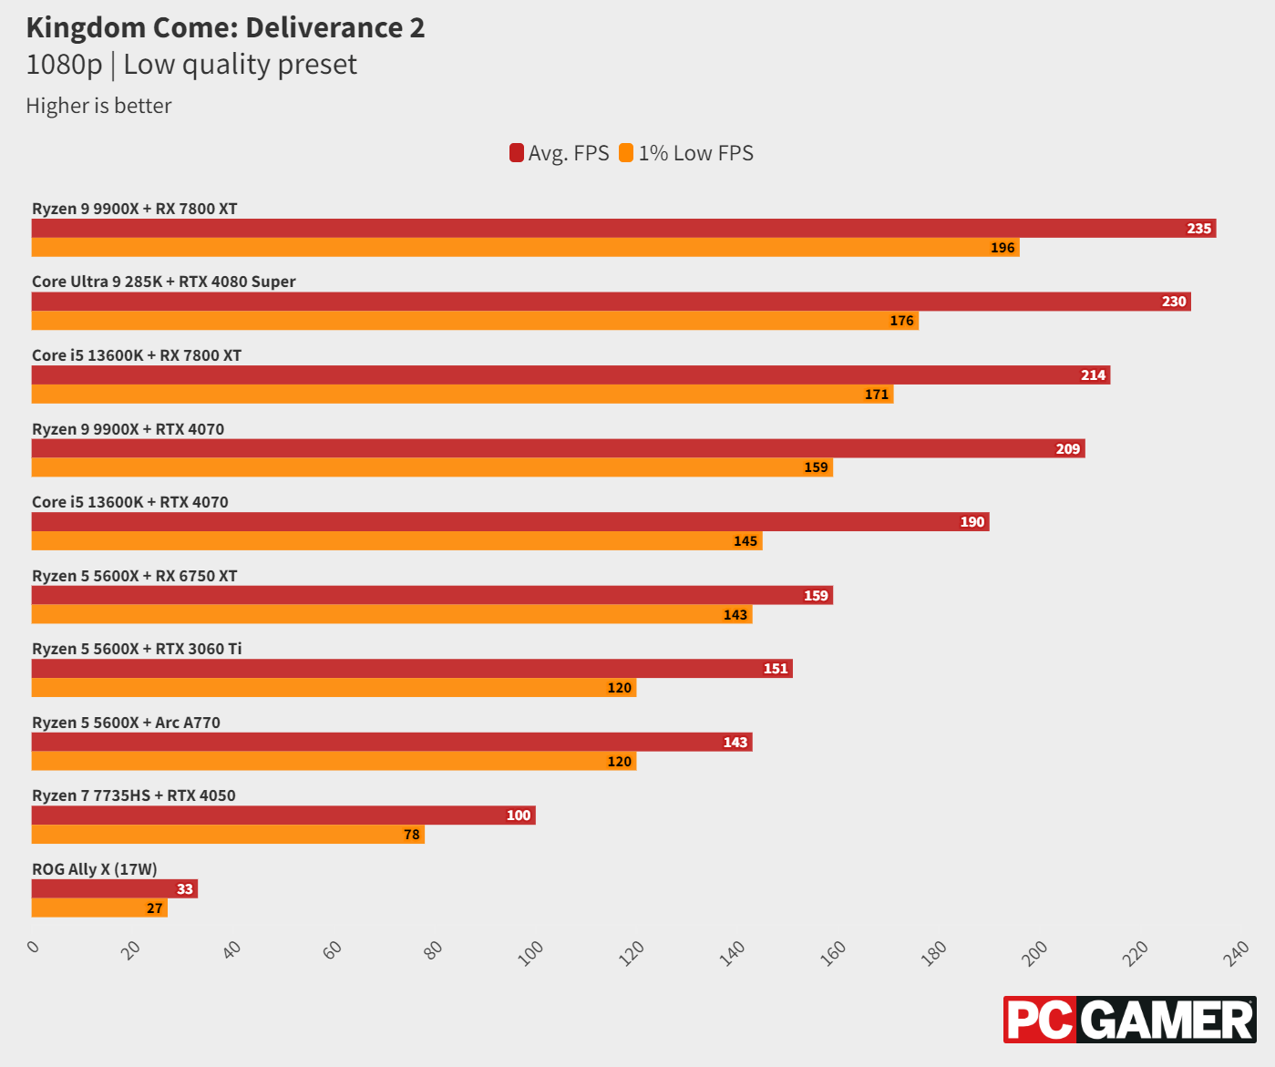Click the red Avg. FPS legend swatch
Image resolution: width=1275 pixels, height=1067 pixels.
tap(517, 153)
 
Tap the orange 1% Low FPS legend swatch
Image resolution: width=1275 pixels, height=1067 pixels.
tap(626, 153)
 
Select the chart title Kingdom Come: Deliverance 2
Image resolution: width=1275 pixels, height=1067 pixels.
tap(225, 28)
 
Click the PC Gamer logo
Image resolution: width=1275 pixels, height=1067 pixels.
tap(1129, 1020)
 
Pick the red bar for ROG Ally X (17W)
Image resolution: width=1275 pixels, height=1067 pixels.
tap(115, 888)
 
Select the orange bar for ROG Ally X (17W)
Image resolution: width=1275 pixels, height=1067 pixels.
tap(99, 908)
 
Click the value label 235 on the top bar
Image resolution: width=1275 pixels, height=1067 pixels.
tap(1198, 229)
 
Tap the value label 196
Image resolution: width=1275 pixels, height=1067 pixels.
tap(1003, 248)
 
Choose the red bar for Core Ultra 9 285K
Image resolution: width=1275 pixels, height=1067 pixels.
tap(611, 302)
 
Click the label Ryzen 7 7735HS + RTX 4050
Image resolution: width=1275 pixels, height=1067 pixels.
tap(134, 795)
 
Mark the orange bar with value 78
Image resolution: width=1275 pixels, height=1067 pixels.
tap(228, 835)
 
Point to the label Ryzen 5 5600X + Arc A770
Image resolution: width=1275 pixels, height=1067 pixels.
tap(126, 723)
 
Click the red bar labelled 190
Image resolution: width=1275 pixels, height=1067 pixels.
tap(510, 522)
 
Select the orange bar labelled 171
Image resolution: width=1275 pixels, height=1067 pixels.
tap(462, 395)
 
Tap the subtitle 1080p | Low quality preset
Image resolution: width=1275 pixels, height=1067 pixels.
tap(191, 65)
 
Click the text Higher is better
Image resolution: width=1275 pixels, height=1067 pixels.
tap(98, 106)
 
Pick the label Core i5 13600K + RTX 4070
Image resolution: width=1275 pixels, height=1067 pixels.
tap(130, 502)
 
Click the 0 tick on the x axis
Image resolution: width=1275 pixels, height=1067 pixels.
tap(34, 948)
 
